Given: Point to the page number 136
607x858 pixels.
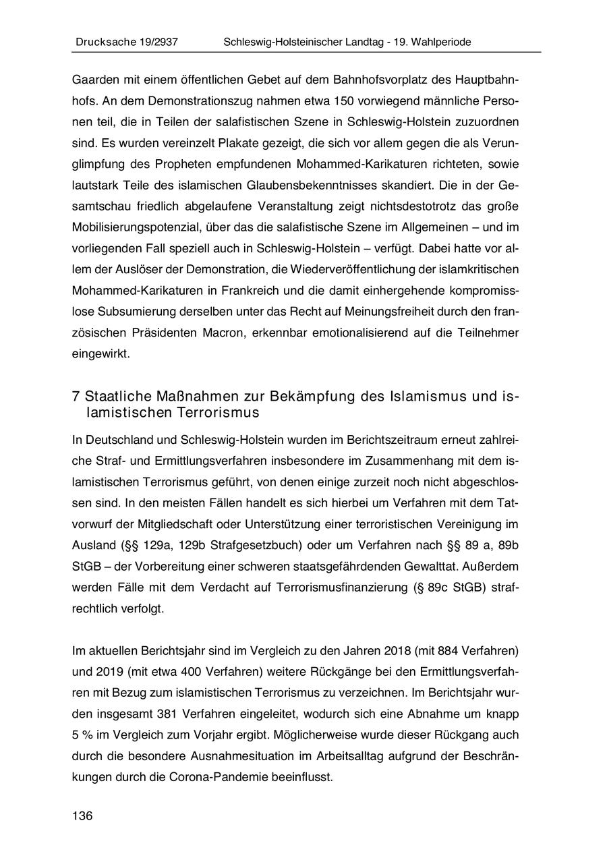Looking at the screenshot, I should tap(82, 816).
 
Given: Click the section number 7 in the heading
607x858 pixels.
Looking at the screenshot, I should tap(76, 395).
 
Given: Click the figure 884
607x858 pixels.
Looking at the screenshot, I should tap(448, 652).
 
